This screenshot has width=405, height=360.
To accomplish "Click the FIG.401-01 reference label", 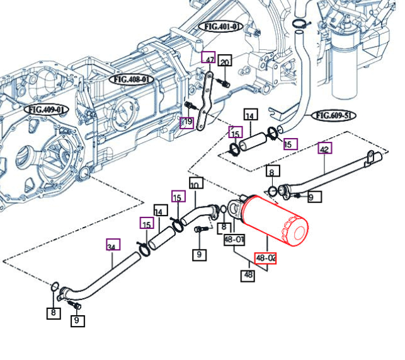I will coord(221,26).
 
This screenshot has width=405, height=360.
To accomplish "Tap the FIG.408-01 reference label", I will coord(131,79).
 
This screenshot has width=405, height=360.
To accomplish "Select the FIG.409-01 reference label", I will coord(46,110).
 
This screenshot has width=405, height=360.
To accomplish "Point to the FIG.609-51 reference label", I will coord(334,115).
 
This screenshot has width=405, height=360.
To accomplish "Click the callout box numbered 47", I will coord(208,58).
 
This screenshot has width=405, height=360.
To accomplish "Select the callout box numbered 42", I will coord(324,149).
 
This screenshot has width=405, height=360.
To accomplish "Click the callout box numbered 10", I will coord(195,185).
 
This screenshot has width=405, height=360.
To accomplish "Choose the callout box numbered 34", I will coord(113,246).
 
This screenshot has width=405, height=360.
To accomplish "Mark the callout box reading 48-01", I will coord(234,240).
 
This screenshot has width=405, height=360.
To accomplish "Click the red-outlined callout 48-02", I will coord(265,258).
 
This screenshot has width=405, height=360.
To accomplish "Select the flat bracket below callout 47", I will coord(203,101).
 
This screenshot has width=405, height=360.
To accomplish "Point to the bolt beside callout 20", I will coord(224,83).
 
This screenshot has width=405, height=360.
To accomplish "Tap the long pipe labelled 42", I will coord(328,170).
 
